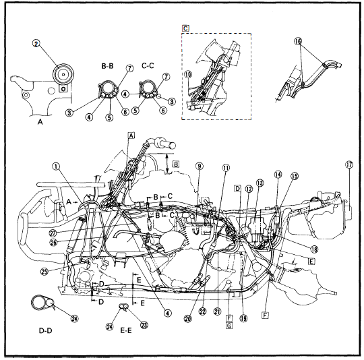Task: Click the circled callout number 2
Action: pyautogui.click(x=38, y=44)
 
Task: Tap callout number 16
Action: pyautogui.click(x=299, y=41)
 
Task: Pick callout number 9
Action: pyautogui.click(x=200, y=166)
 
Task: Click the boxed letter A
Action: pyautogui.click(x=131, y=135)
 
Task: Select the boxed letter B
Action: pyautogui.click(x=176, y=162)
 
